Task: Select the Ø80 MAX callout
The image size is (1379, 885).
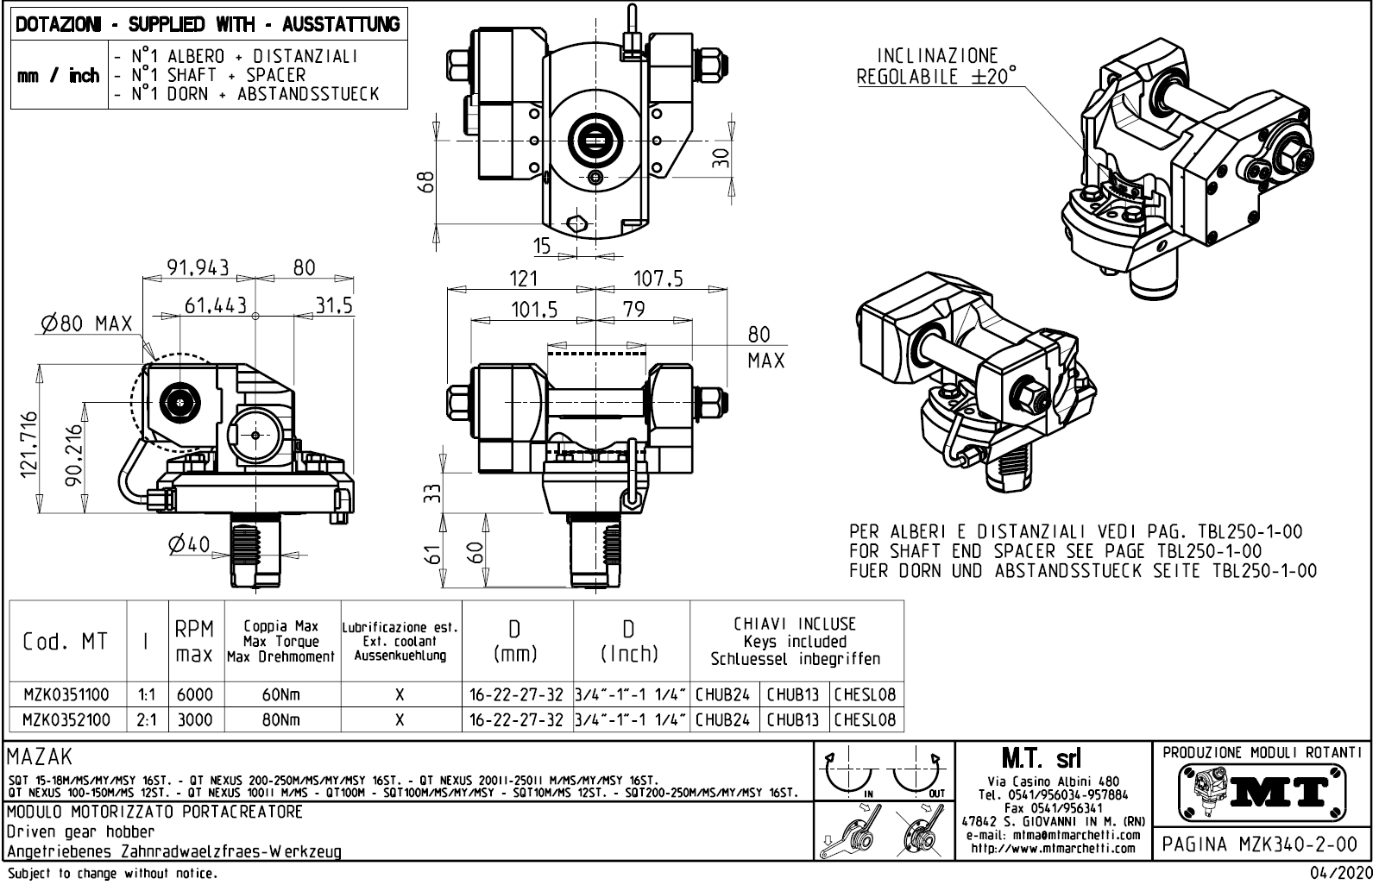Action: pyautogui.click(x=86, y=324)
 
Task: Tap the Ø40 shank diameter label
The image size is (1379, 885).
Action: pyautogui.click(x=189, y=544)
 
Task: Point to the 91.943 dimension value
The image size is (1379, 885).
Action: pyautogui.click(x=198, y=267)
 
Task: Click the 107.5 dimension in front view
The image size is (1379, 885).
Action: pyautogui.click(x=658, y=278)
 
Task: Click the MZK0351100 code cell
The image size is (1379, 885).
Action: pyautogui.click(x=66, y=694)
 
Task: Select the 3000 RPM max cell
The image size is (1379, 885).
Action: pyautogui.click(x=195, y=719)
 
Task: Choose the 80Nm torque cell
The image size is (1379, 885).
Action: pyautogui.click(x=282, y=719)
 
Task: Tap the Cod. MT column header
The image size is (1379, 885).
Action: pyautogui.click(x=66, y=642)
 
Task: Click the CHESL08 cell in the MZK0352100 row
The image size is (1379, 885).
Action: pyautogui.click(x=866, y=719)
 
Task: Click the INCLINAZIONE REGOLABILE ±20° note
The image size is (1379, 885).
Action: pyautogui.click(x=936, y=66)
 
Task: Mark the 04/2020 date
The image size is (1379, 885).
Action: pyautogui.click(x=1339, y=874)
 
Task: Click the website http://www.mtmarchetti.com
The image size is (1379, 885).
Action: pyautogui.click(x=1054, y=849)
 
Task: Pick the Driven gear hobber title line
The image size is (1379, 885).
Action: pyautogui.click(x=81, y=832)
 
